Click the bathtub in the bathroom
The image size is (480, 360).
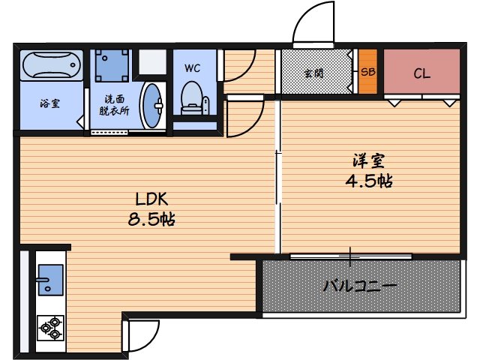coord(50,65)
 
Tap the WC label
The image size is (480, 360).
coord(192,67)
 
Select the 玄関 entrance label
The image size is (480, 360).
coord(314,73)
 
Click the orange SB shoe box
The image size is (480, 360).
coord(367,73)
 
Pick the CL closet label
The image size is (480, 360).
coord(421,73)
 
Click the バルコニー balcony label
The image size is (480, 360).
coord(360,285)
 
